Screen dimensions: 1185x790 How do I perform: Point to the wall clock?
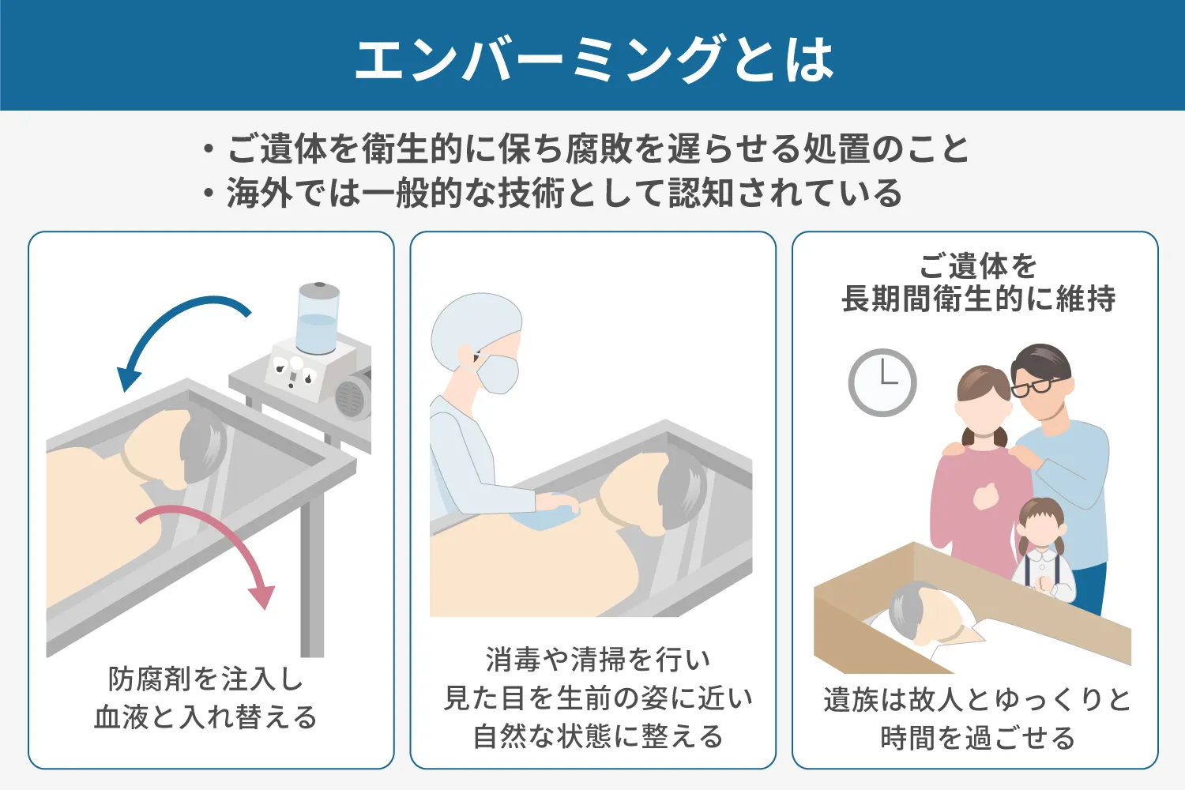tap(882, 382)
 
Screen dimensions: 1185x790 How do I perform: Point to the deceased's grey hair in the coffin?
tap(908, 608)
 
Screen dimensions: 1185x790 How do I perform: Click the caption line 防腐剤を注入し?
tap(205, 679)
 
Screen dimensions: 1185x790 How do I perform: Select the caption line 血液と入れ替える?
tap(205, 717)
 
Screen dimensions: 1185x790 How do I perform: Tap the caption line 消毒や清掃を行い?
tap(598, 660)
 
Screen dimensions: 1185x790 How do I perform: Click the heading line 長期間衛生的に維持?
tap(979, 298)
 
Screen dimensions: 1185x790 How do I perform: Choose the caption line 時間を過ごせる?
tap(978, 738)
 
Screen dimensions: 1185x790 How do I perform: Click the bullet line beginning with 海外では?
tap(553, 193)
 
